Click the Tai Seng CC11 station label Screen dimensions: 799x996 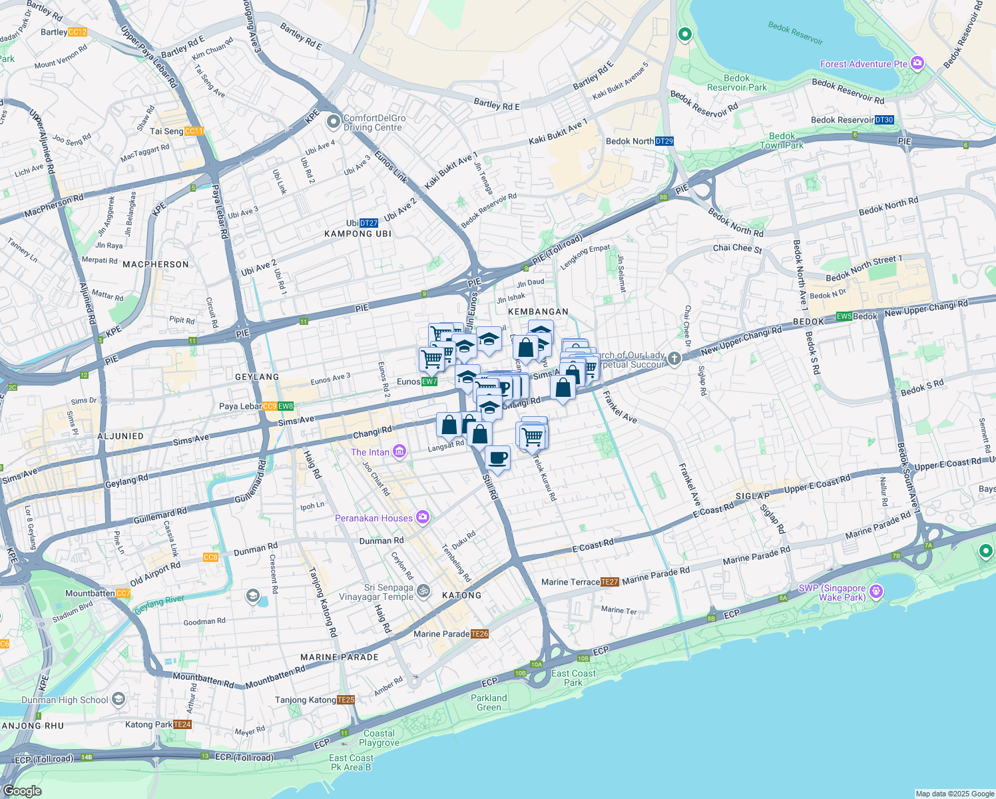[176, 131]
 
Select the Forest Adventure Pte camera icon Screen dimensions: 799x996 [917, 63]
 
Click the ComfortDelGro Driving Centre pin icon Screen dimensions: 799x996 [333, 123]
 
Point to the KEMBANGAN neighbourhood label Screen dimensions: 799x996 [538, 312]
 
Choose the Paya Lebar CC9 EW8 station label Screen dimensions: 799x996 [256, 406]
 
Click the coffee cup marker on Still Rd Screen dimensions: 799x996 [497, 458]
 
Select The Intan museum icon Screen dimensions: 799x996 [399, 452]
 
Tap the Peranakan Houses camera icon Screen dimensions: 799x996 [422, 517]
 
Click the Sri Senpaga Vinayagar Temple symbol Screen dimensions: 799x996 [423, 592]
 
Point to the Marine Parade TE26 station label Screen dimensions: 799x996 [451, 634]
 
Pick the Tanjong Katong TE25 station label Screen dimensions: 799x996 [315, 700]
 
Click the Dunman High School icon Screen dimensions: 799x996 [119, 699]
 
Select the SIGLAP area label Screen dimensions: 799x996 [752, 496]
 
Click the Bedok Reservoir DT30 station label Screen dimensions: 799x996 [852, 120]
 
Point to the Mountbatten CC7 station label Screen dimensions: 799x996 [98, 593]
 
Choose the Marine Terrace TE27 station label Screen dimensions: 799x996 [580, 582]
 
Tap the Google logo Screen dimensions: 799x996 [22, 790]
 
